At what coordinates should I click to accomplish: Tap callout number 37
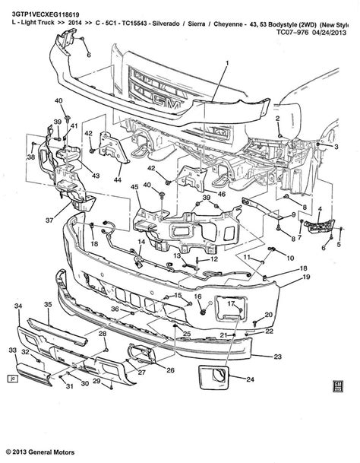48,220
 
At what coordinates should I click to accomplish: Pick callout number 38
30,157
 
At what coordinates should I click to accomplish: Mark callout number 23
278,356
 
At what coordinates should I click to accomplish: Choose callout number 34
16,305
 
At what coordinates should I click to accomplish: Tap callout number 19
308,278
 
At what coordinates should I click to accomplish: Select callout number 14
140,242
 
